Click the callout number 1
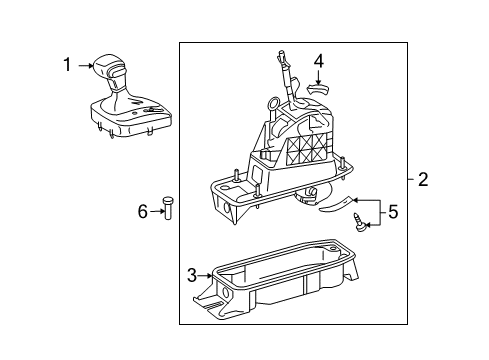click(67, 65)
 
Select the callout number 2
click(423, 179)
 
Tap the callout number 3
click(192, 275)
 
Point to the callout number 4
click(319, 62)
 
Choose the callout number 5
click(393, 211)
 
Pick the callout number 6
click(143, 211)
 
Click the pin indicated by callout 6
click(167, 208)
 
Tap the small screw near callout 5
click(359, 222)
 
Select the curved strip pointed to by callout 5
click(335, 204)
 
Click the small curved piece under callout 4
click(318, 89)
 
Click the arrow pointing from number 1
click(86, 66)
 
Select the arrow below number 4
click(319, 77)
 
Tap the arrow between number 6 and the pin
click(157, 211)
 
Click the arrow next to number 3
click(205, 276)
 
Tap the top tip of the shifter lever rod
click(282, 52)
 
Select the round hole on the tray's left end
click(226, 293)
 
